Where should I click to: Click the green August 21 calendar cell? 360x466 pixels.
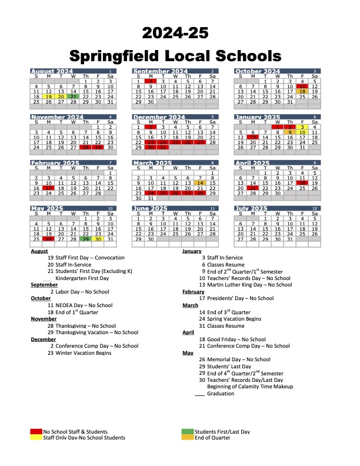[x=73, y=96]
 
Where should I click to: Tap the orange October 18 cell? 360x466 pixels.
[x=302, y=91]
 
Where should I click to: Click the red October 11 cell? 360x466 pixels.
[x=302, y=86]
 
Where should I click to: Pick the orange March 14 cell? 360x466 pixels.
[x=200, y=182]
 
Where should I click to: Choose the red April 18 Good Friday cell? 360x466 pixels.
[x=302, y=182]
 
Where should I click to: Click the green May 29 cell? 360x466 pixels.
[x=86, y=239]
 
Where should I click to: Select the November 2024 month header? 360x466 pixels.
[x=52, y=117]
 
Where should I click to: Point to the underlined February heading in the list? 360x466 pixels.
[x=194, y=291]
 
